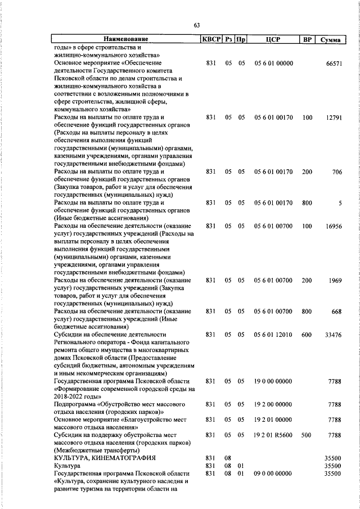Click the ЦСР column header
click(x=273, y=39)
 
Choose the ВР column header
click(x=307, y=39)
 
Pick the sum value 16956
click(x=334, y=226)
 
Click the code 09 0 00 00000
click(x=273, y=474)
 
